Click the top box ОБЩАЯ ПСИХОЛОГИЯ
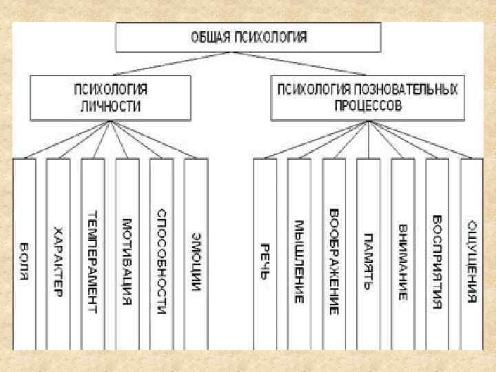pyautogui.click(x=248, y=37)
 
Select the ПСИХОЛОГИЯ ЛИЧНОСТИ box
pyautogui.click(x=110, y=98)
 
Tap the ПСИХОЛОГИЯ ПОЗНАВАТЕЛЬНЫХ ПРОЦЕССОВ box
pyautogui.click(x=368, y=98)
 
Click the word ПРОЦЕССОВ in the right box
pyautogui.click(x=368, y=107)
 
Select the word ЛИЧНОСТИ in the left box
pyautogui.click(x=110, y=107)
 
